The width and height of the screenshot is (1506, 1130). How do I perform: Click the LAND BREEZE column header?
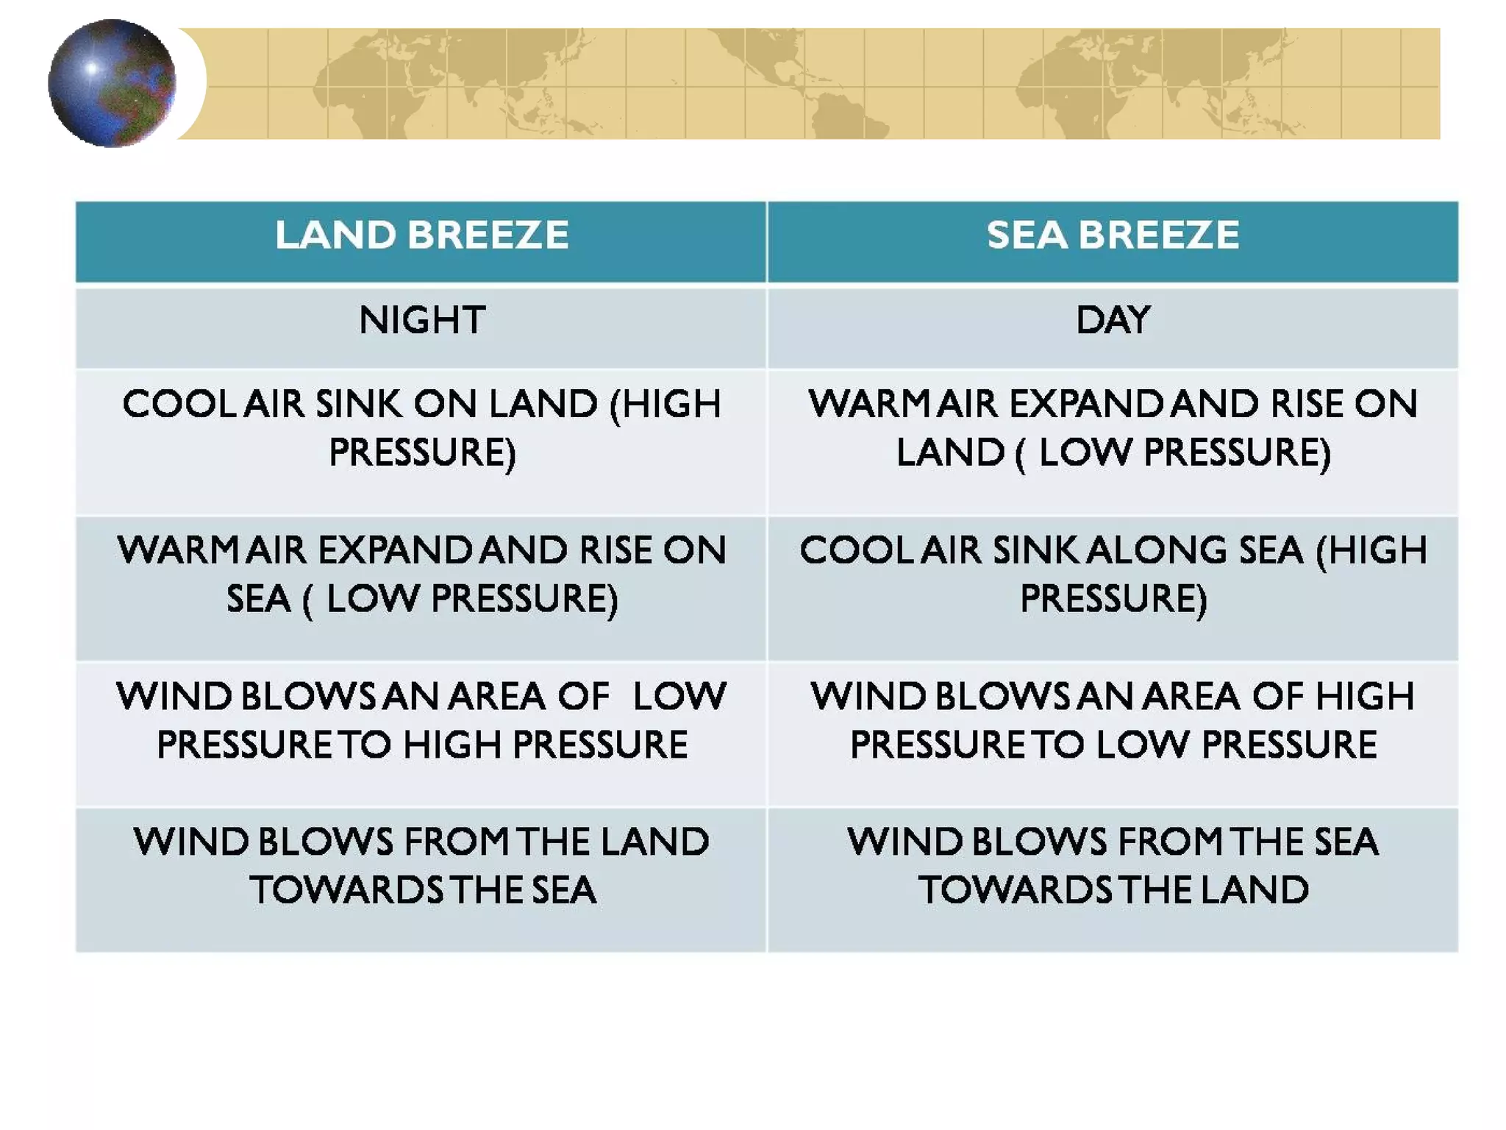coord(421,236)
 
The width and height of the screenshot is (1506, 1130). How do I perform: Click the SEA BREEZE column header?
coord(1113,236)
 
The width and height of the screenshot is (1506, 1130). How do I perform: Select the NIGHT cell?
coord(421,321)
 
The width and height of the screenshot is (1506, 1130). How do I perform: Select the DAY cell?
coord(1113,321)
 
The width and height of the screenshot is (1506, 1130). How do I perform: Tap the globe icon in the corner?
coord(112,83)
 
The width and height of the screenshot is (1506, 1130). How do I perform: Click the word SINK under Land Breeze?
coord(359,405)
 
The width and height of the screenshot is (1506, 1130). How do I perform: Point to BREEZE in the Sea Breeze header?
coord(1159,236)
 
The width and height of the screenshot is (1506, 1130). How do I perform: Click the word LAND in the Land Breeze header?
coord(335,236)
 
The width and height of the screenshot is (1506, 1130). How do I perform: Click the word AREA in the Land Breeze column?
coord(496,697)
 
